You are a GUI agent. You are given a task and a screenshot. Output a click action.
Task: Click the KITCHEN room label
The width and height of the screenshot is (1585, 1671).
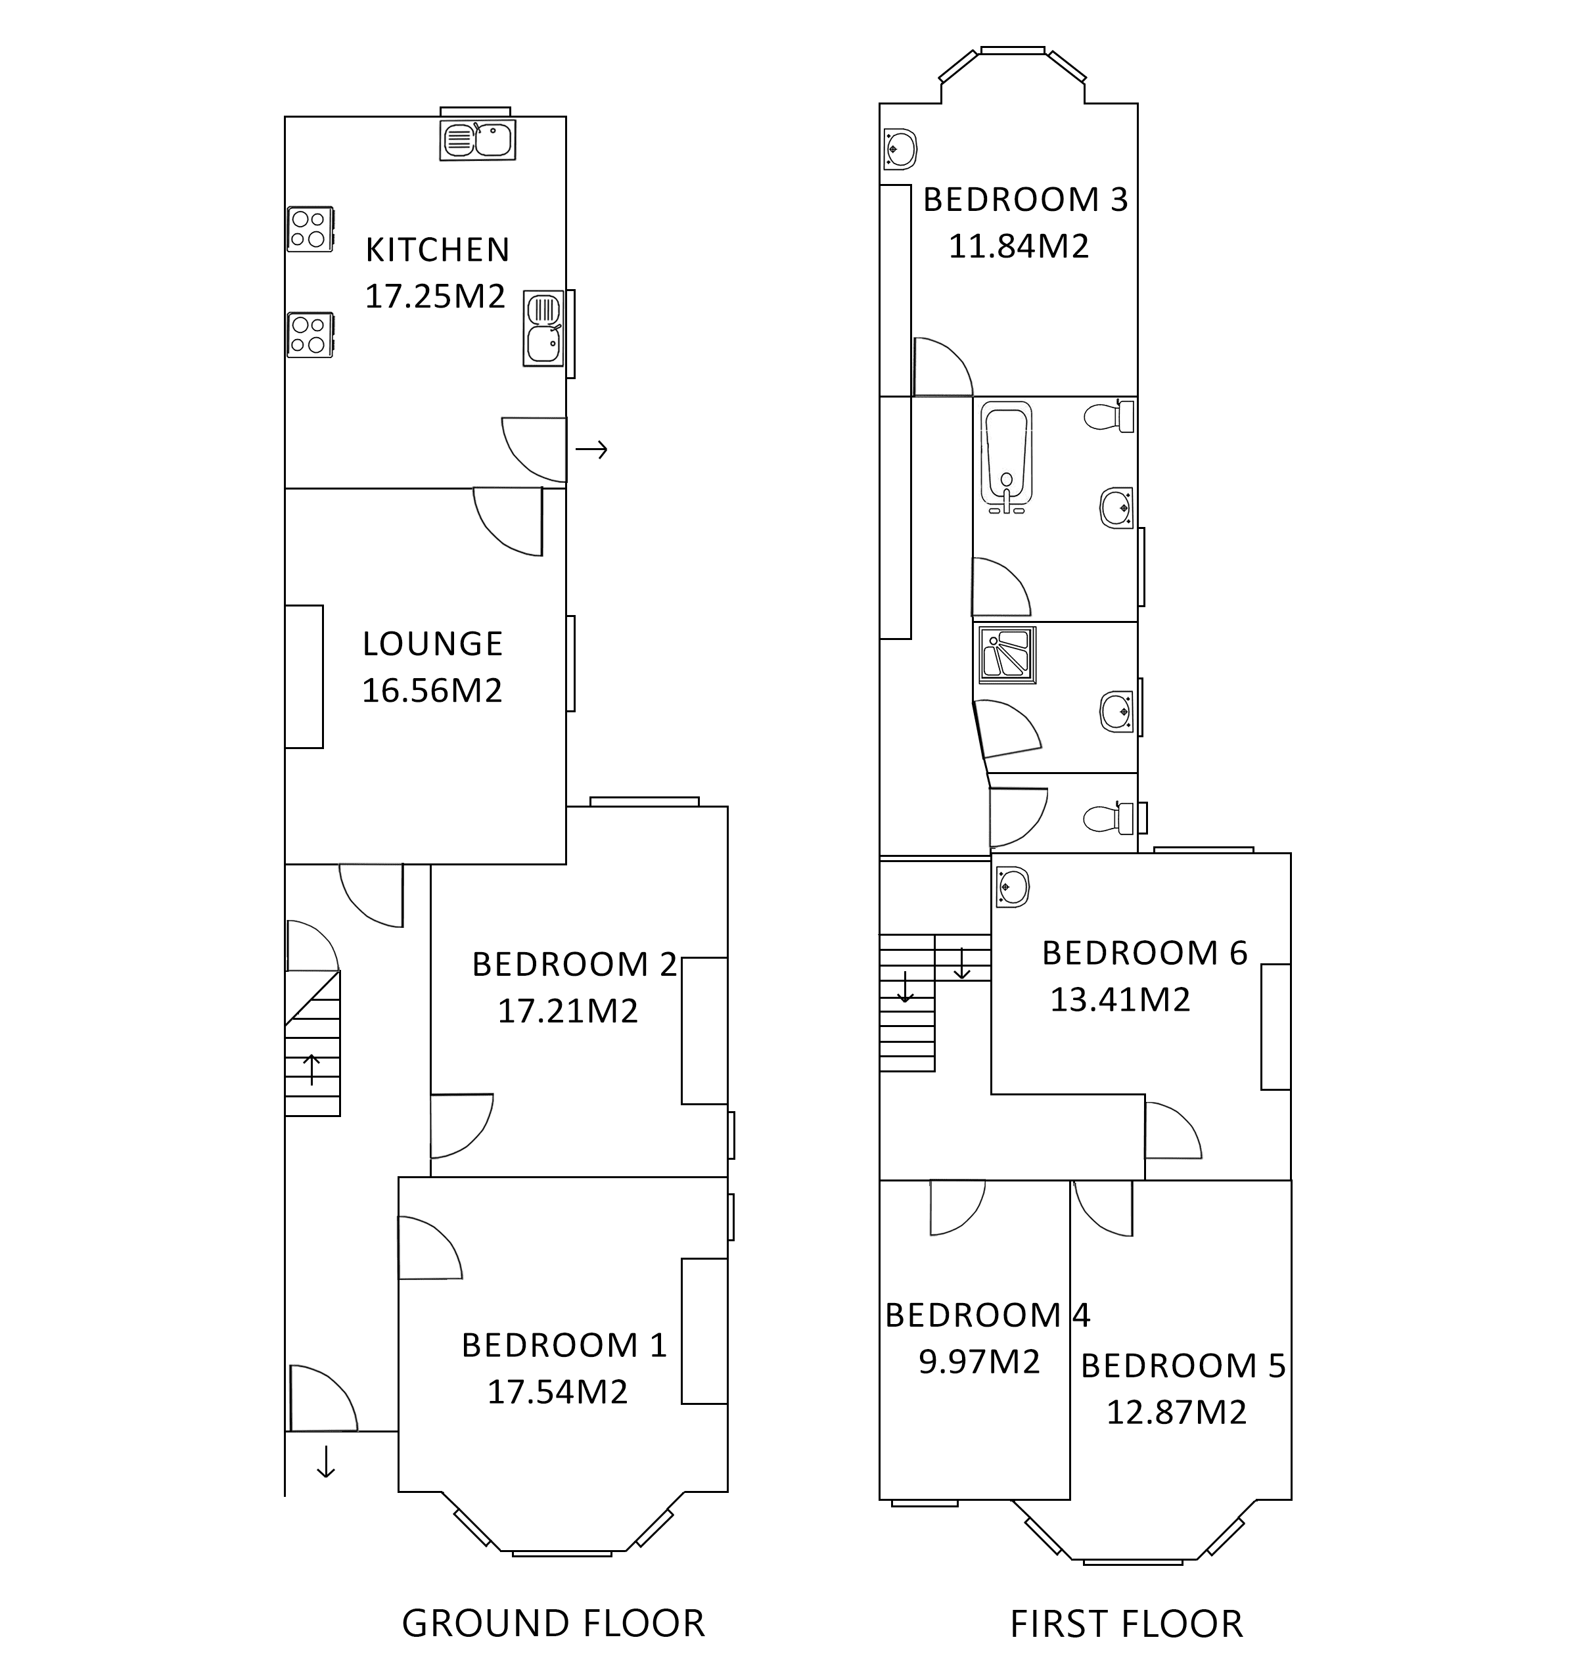pyautogui.click(x=438, y=250)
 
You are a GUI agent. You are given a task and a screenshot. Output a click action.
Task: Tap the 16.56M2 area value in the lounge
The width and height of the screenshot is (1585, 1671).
pyautogui.click(x=432, y=690)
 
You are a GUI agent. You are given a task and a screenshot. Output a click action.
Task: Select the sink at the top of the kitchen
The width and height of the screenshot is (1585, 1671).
pyautogui.click(x=477, y=140)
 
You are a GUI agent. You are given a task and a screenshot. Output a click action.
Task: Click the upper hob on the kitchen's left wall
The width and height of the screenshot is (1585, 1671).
pyautogui.click(x=310, y=229)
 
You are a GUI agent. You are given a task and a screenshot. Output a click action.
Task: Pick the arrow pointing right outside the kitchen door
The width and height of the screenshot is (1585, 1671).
pyautogui.click(x=591, y=449)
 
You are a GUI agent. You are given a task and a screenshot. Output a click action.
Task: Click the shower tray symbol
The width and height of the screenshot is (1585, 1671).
pyautogui.click(x=1006, y=654)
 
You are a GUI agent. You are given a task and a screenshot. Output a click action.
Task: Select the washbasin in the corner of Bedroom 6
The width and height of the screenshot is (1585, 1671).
pyautogui.click(x=1011, y=888)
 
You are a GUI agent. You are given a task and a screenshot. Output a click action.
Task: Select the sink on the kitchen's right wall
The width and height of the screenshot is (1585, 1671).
pyautogui.click(x=543, y=329)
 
